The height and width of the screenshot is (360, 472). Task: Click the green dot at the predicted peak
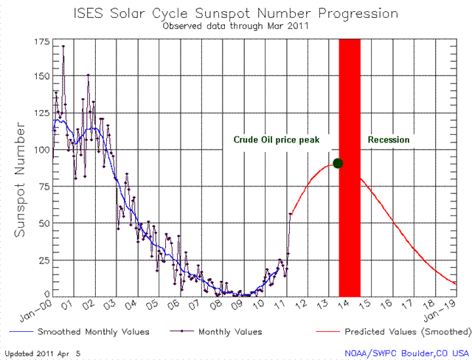pos(338,163)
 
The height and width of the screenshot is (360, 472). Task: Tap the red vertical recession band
pos(349,221)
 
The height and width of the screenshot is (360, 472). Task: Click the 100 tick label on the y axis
pos(40,151)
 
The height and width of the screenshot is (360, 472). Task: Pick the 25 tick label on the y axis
pos(42,260)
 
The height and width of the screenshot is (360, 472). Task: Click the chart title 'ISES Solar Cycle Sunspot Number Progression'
pos(236,13)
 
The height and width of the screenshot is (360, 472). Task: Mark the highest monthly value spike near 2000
pos(63,46)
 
